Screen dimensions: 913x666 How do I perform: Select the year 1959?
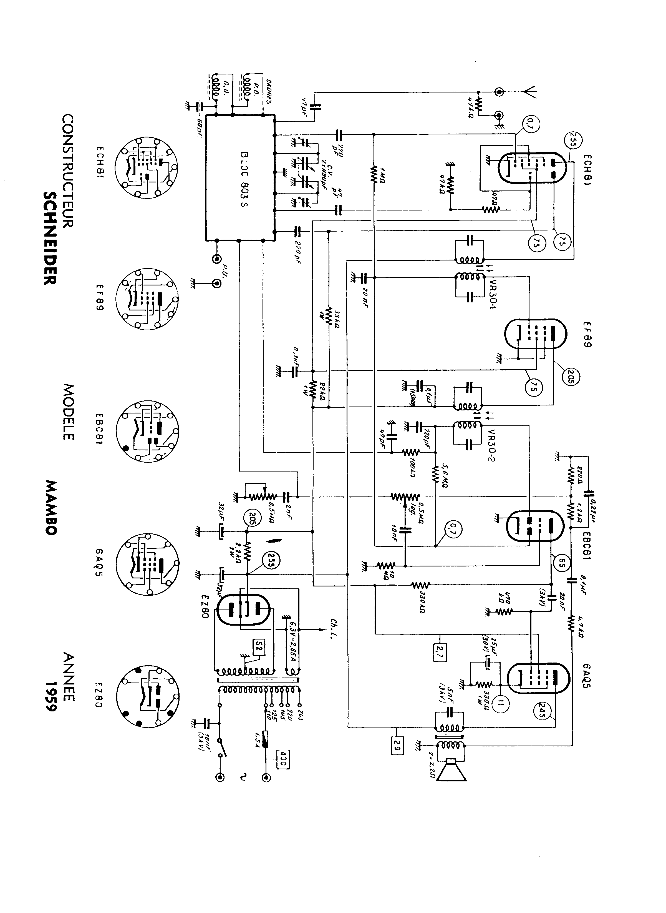tap(51, 696)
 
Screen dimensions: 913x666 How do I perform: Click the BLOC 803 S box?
tap(240, 178)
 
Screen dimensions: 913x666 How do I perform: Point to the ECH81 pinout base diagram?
tap(146, 167)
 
